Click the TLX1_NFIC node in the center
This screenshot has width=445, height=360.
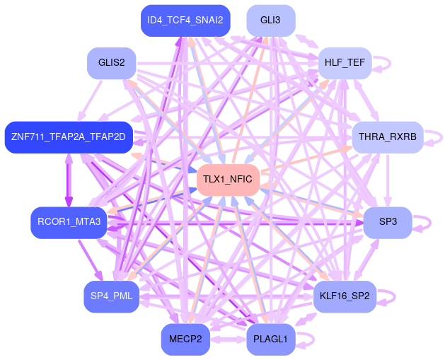coord(227,180)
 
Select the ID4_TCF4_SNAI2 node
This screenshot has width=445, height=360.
coord(185,20)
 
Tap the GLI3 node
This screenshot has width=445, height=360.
coord(270,20)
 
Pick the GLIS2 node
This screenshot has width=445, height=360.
coord(111,63)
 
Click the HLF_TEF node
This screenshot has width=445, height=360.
coord(345,63)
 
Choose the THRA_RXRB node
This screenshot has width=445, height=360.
coord(387,137)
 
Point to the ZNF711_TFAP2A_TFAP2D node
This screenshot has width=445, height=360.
coord(68,137)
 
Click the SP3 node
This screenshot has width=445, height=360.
coord(388,222)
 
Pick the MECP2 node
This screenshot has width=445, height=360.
coord(185,339)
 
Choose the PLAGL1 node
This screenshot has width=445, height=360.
coord(270,339)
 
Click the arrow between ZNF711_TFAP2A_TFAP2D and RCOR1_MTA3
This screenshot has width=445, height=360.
coord(69,180)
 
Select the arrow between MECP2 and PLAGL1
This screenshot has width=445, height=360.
coord(228,339)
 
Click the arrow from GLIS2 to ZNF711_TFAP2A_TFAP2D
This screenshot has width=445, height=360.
coord(91,98)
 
